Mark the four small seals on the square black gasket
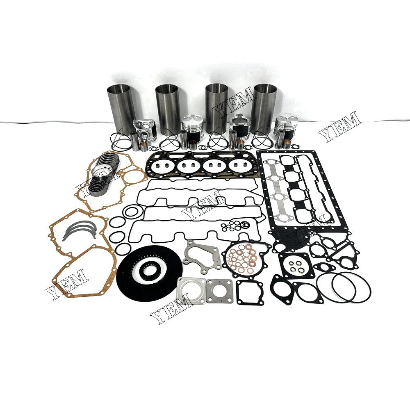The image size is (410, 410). click(x=297, y=264)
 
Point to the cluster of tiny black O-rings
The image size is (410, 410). click(x=233, y=225)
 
